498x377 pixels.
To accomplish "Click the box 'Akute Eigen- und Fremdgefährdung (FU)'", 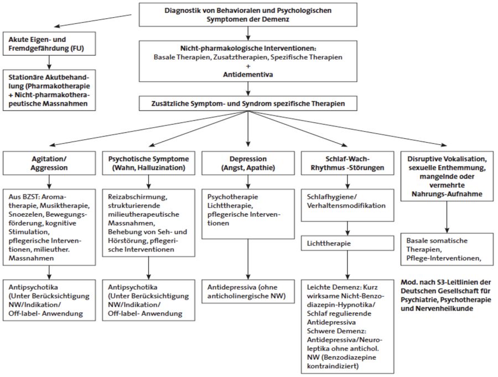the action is (x=49, y=44).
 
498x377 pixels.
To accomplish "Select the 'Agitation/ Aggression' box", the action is (x=49, y=163).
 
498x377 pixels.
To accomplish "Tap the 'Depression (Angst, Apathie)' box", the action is (x=248, y=163).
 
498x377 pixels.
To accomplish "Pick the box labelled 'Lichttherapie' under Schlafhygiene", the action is (x=347, y=243).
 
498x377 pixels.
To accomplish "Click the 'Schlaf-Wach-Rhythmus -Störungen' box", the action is (x=347, y=163).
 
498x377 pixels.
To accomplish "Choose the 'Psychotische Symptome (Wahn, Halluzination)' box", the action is (x=149, y=163).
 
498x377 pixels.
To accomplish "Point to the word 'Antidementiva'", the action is (x=248, y=75).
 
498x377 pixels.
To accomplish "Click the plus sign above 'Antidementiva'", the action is (x=248, y=66).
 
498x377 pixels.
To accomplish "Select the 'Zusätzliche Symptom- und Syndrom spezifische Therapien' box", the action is (x=248, y=103).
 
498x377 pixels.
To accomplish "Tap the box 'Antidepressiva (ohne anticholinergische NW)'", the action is (x=248, y=292).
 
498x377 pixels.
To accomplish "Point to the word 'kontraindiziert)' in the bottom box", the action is (x=333, y=366).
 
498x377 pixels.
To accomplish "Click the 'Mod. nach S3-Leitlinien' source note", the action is (x=446, y=295).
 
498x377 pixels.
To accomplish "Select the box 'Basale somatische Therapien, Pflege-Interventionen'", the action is (x=447, y=249).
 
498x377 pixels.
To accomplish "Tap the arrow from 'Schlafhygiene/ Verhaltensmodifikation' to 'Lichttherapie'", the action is (x=347, y=228).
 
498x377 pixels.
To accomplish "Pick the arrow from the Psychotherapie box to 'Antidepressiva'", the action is (x=248, y=259).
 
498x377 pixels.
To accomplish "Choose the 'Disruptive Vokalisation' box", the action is (x=447, y=176).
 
